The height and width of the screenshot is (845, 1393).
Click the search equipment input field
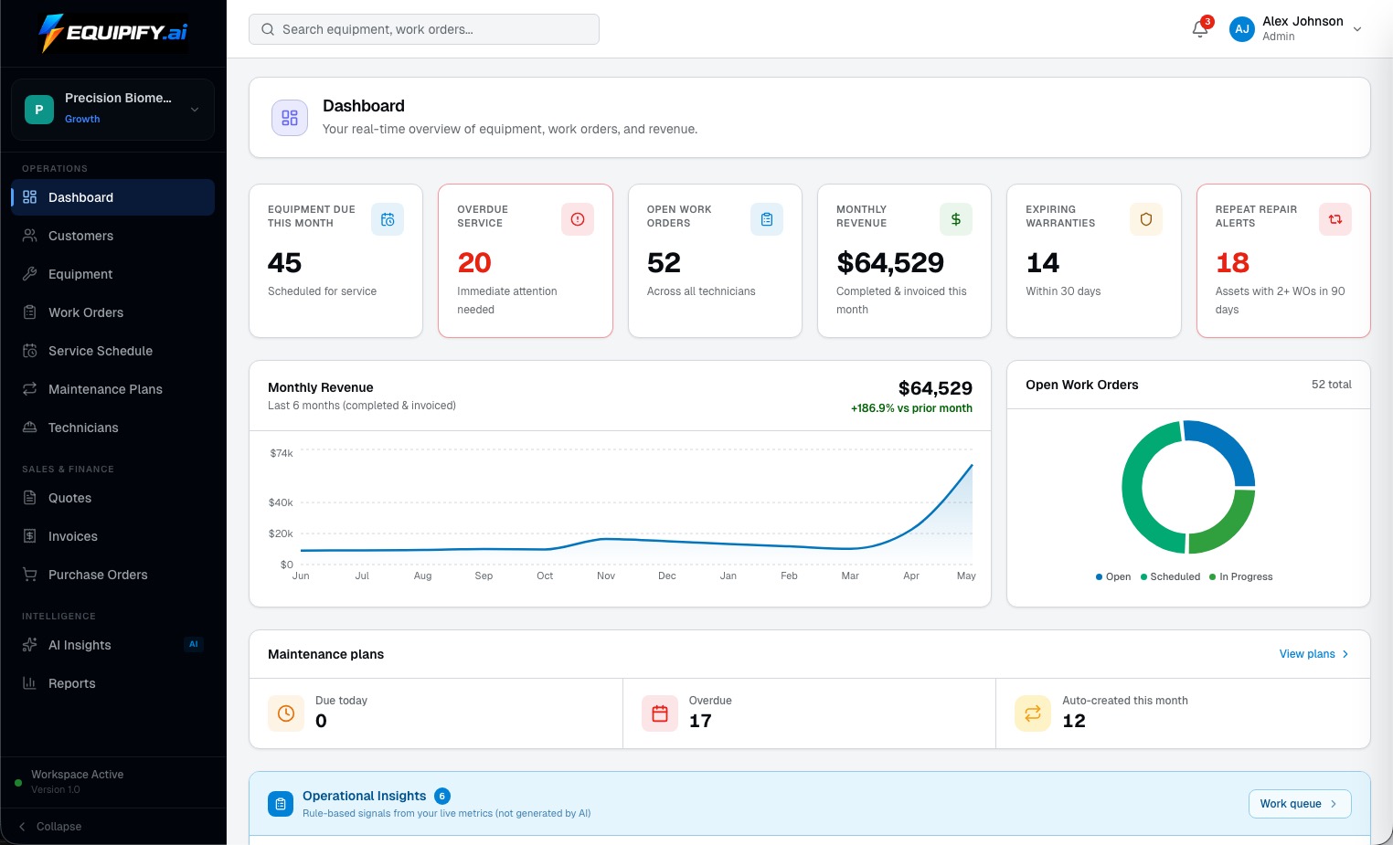[423, 29]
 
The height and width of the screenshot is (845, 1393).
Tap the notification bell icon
[1199, 29]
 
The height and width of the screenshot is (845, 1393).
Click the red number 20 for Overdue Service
[473, 263]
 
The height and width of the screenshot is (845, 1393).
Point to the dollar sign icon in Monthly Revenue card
[956, 219]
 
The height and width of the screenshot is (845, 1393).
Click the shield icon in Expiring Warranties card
[1146, 219]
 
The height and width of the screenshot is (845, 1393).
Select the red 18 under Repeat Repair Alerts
[1232, 263]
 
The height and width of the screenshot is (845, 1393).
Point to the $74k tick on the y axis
[282, 454]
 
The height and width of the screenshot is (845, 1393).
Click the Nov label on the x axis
[606, 576]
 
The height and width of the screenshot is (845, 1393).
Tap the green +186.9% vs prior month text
[911, 408]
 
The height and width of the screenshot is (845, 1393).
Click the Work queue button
[1300, 804]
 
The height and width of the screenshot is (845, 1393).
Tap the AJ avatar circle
[1242, 29]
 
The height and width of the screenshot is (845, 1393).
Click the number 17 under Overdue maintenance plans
[700, 721]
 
